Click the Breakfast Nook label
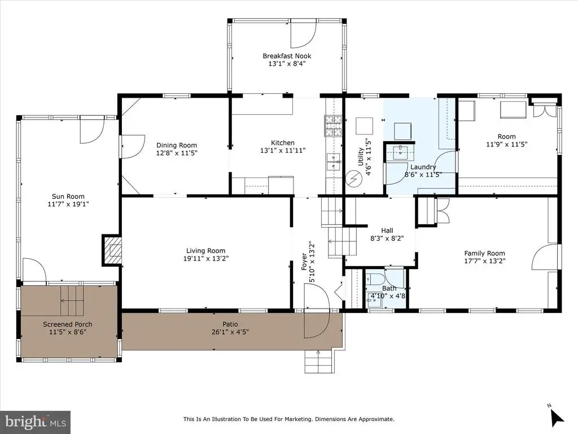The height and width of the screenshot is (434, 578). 287,56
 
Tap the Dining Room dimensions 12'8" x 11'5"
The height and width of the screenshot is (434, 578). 177,153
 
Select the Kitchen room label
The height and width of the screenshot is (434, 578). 283,143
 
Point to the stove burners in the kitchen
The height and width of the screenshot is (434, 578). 333,125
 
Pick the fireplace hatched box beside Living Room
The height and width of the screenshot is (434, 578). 112,250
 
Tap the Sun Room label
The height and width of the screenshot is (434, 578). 68,196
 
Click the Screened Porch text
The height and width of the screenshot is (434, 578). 68,324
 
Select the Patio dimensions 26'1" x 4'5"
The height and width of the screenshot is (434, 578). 230,332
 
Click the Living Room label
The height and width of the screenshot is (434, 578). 205,250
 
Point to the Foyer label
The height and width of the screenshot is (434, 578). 304,261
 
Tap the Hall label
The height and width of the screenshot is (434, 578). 387,231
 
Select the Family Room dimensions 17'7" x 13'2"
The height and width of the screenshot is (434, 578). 484,261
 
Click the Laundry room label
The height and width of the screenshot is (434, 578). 423,167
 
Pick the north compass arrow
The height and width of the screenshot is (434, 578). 557,416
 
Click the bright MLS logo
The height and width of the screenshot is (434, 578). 36,422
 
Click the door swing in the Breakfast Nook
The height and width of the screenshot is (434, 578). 303,35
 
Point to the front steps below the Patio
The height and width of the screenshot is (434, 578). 319,361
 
